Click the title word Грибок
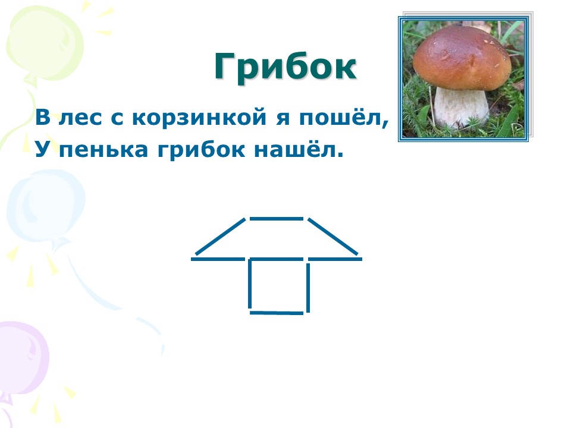[x=285, y=67]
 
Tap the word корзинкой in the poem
[x=199, y=117]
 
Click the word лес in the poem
[x=80, y=118]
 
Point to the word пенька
[x=103, y=150]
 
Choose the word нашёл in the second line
[x=299, y=149]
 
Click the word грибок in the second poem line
[x=201, y=150]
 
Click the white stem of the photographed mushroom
[x=461, y=108]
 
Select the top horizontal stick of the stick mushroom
[x=277, y=219]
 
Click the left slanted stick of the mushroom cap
[x=221, y=237]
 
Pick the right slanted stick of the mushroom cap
[x=333, y=237]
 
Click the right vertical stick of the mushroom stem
[x=308, y=288]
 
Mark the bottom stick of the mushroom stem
[x=277, y=313]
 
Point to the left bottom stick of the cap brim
[x=218, y=259]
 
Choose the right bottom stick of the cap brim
[x=335, y=259]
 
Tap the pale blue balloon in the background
[x=46, y=206]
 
